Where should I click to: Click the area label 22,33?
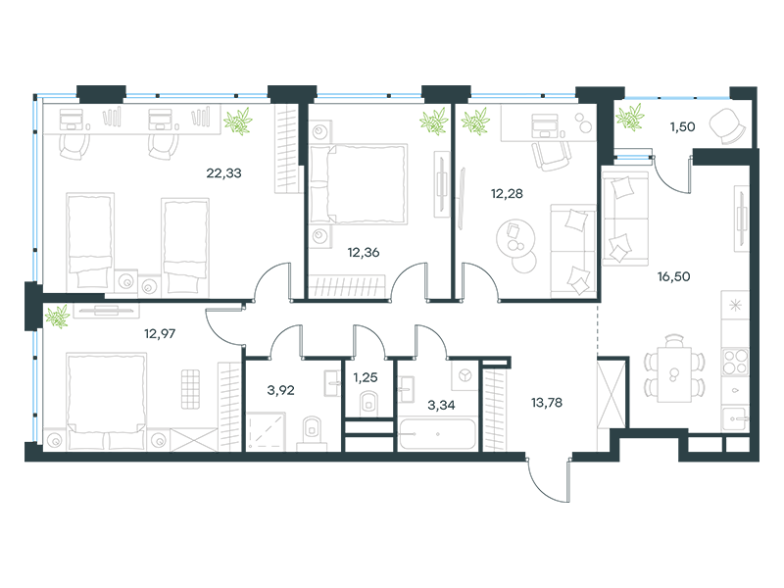point(223,173)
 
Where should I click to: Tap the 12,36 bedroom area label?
point(364,253)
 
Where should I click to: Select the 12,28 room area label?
point(507,193)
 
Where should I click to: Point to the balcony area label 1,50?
point(682,127)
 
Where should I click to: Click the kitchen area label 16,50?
point(673,276)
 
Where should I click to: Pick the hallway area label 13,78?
point(547,403)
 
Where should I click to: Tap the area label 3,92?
point(280,390)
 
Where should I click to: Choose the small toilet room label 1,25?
point(366,377)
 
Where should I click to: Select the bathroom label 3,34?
point(441,405)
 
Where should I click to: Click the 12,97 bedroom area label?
point(160,333)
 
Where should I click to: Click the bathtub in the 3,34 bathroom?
point(437,434)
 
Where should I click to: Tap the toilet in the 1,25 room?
point(369,403)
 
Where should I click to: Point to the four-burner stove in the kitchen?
point(735,362)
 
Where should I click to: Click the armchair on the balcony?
point(728,125)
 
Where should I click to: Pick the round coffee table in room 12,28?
point(516,239)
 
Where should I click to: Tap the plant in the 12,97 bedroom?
point(58,317)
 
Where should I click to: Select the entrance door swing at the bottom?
point(548,480)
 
